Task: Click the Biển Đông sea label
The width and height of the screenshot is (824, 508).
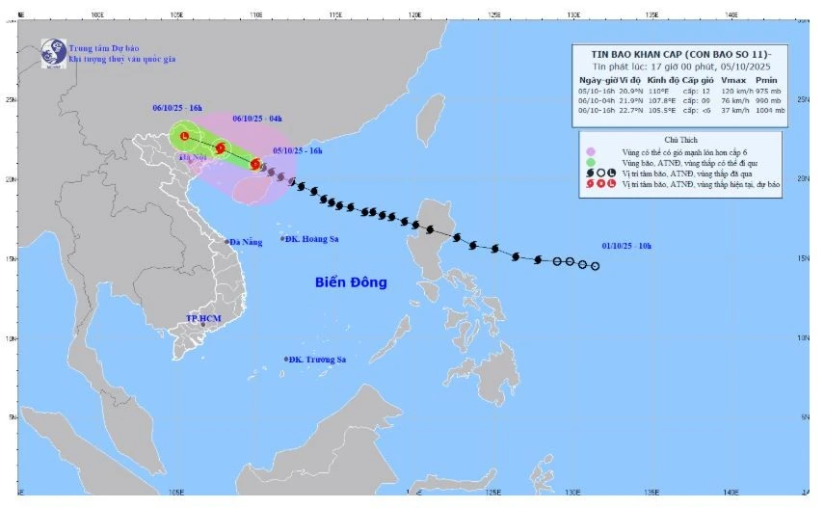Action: (x=351, y=282)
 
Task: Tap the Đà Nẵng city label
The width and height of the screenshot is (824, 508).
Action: (x=245, y=242)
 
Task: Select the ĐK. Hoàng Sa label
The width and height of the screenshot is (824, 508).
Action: (x=315, y=238)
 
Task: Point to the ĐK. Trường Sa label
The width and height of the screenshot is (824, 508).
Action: (x=316, y=360)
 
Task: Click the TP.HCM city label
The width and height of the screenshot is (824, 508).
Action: (x=204, y=317)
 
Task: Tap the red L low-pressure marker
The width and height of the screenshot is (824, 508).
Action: (x=184, y=137)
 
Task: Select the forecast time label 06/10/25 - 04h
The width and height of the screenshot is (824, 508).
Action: (x=257, y=119)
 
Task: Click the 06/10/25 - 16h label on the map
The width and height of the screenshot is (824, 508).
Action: (x=176, y=109)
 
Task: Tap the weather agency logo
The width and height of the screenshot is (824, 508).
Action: (x=53, y=53)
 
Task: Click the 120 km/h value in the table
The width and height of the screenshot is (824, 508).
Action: (x=729, y=90)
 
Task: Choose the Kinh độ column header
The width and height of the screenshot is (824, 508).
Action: (x=657, y=79)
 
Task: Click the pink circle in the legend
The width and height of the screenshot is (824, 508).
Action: (x=590, y=151)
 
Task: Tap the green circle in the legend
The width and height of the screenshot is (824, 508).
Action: (x=590, y=162)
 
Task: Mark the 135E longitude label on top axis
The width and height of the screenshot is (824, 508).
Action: (x=651, y=14)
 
